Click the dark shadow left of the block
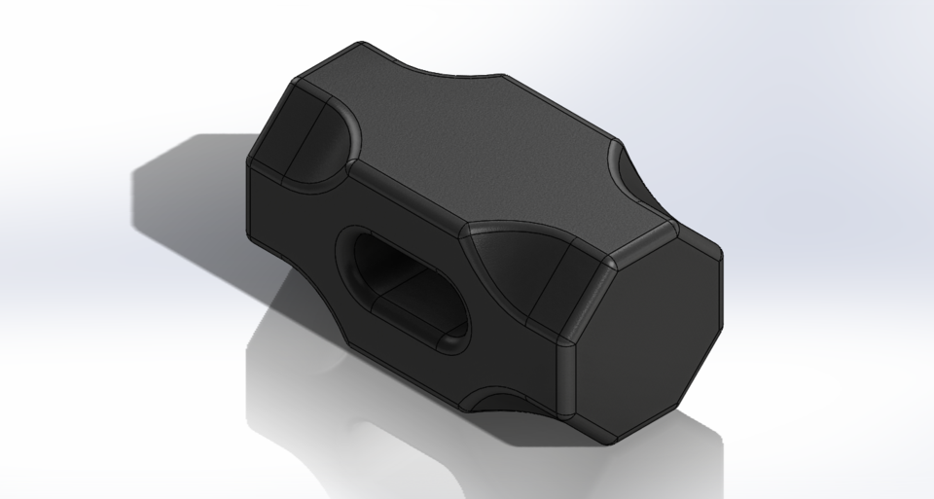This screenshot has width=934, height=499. [185, 204]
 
